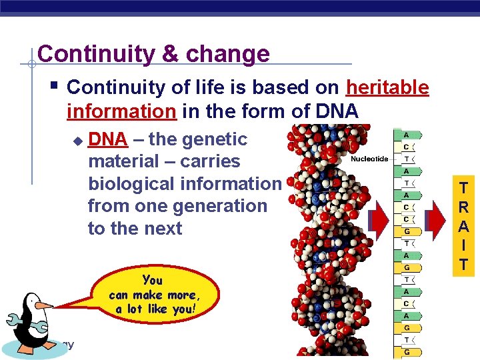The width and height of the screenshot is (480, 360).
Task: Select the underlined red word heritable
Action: coord(387,87)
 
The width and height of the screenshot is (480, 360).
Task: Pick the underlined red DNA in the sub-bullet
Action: coord(107,139)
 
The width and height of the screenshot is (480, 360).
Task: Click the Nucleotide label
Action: coord(370,159)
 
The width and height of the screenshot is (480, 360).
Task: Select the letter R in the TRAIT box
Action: coord(464,207)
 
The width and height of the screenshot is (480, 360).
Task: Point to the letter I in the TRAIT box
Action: coord(464,245)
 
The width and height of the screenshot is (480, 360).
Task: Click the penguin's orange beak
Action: coord(44,305)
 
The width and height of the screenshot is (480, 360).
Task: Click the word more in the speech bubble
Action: coord(178,295)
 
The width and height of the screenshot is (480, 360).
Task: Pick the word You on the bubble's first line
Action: coord(152,280)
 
